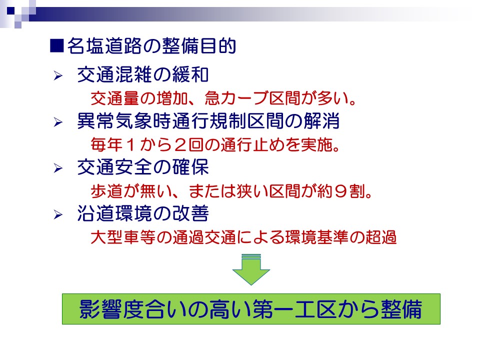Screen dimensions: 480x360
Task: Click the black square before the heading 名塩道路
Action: click(x=57, y=46)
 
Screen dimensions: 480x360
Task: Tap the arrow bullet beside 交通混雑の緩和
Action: click(x=58, y=75)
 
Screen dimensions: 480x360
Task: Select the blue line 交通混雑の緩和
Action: click(x=143, y=74)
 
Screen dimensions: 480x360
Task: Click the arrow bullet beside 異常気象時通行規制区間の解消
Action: click(x=58, y=122)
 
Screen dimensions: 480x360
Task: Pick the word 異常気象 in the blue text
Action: click(x=115, y=121)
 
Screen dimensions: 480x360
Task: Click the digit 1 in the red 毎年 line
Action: click(x=130, y=145)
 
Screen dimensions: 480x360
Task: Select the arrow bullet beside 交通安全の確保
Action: click(x=58, y=168)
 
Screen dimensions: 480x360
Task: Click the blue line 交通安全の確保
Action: click(x=143, y=167)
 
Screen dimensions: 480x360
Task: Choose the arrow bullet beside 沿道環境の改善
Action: click(x=58, y=214)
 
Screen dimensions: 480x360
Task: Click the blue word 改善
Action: click(x=190, y=213)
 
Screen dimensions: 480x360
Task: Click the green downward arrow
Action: click(x=251, y=270)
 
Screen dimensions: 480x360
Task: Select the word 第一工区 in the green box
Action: click(x=296, y=309)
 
